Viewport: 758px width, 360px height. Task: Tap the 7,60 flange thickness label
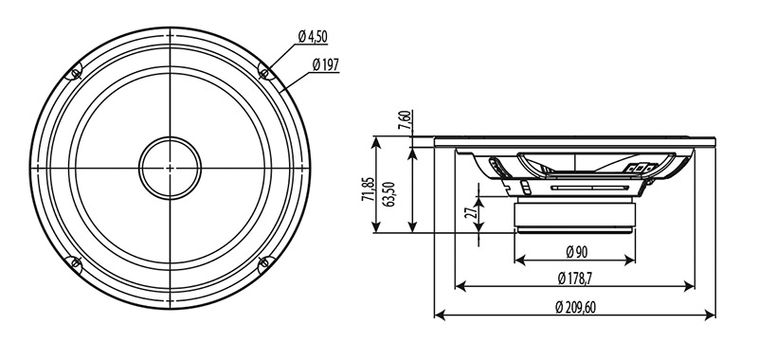[405, 120]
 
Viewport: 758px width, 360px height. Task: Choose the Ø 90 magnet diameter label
[578, 252]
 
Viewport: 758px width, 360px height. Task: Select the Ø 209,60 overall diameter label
[578, 306]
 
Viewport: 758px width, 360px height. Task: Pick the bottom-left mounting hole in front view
[74, 263]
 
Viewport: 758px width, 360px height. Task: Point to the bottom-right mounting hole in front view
[265, 263]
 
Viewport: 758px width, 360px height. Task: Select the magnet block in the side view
[576, 215]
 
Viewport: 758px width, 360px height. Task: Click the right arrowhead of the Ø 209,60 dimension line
[714, 314]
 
